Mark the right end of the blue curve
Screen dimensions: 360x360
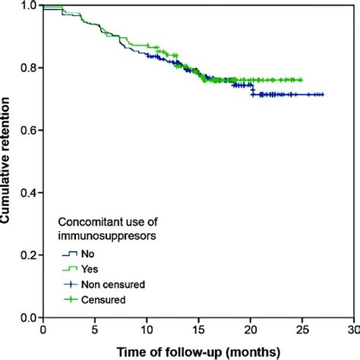point(324,95)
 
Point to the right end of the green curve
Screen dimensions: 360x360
point(302,80)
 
